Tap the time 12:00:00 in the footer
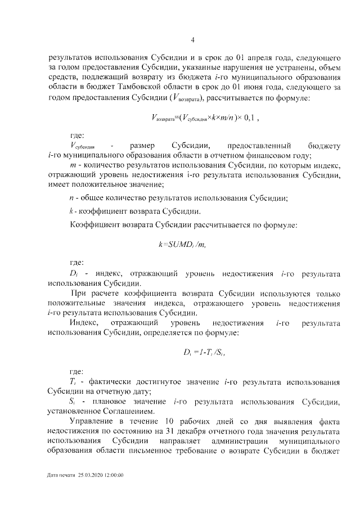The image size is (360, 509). (113, 475)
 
